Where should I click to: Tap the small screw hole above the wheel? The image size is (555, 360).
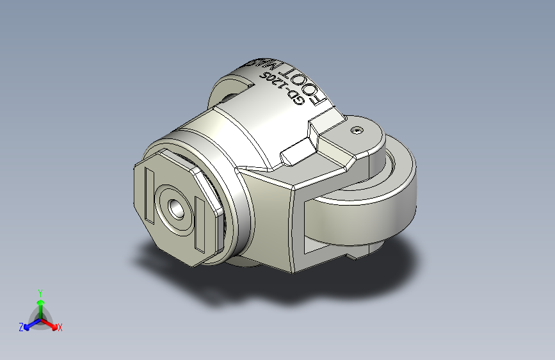pyautogui.click(x=357, y=130)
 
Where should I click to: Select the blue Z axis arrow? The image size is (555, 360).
pyautogui.click(x=29, y=325)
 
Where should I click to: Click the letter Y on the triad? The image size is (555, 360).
pyautogui.click(x=40, y=291)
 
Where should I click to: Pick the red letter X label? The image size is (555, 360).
pyautogui.click(x=60, y=327)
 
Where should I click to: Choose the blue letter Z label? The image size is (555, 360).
pyautogui.click(x=21, y=327)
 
